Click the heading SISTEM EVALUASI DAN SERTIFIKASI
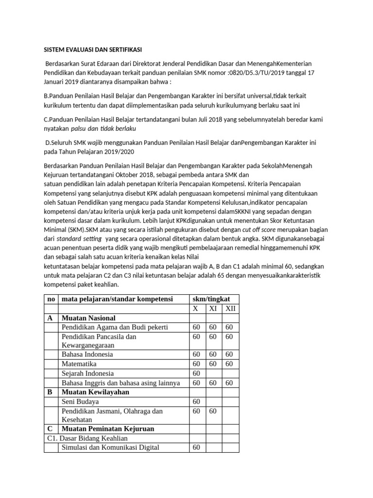click(x=93, y=50)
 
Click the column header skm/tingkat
click(x=214, y=299)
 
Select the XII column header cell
click(x=231, y=309)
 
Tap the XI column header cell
click(x=213, y=309)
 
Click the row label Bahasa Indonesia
click(x=87, y=355)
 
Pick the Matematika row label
click(x=79, y=364)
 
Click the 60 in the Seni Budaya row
click(x=196, y=402)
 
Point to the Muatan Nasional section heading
click(x=88, y=318)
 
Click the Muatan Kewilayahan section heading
click(x=95, y=392)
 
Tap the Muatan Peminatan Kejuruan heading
click(x=108, y=429)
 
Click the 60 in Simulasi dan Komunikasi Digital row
click(x=196, y=448)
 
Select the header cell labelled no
click(x=51, y=299)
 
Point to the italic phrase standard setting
click(x=79, y=239)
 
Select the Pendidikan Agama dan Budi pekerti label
click(x=108, y=327)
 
